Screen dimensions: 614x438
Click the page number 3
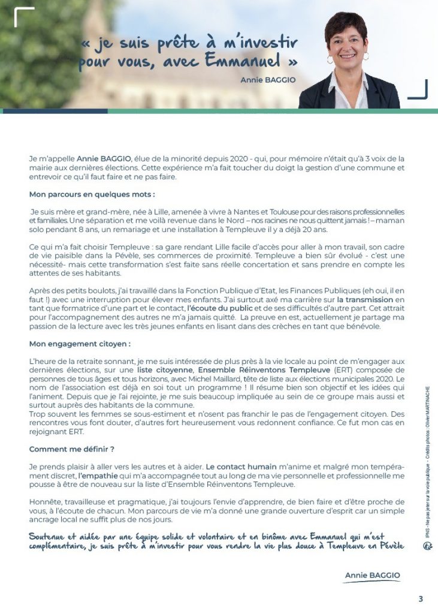(421, 598)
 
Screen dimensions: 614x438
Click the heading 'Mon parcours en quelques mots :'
(92, 194)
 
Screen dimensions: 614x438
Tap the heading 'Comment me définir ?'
(71, 449)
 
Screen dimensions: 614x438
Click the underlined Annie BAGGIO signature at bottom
(372, 575)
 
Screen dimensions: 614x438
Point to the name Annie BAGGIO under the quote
(268, 79)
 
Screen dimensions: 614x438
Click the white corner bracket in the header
(23, 16)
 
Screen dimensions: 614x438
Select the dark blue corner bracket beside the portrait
(418, 90)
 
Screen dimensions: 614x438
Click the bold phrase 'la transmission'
(365, 299)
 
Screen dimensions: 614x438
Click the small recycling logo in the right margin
(427, 545)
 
